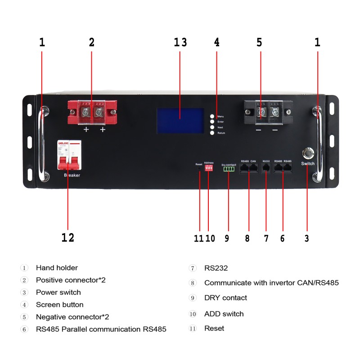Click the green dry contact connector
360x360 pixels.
pyautogui.click(x=229, y=169)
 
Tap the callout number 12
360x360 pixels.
pyautogui.click(x=67, y=238)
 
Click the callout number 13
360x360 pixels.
pyautogui.click(x=180, y=43)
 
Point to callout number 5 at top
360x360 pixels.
pyautogui.click(x=259, y=43)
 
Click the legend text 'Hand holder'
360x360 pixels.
pyautogui.click(x=57, y=268)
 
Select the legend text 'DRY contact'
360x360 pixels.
pyautogui.click(x=225, y=298)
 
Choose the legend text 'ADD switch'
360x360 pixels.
pyautogui.click(x=224, y=314)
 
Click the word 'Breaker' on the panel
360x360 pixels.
pyautogui.click(x=72, y=175)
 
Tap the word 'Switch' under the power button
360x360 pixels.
pyautogui.click(x=308, y=163)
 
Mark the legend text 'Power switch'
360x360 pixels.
pyautogui.click(x=58, y=292)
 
